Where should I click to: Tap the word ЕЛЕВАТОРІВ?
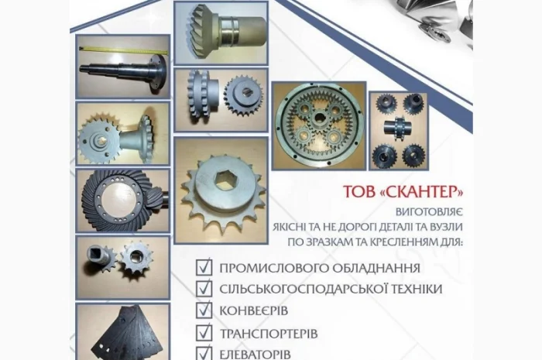[x=256, y=354]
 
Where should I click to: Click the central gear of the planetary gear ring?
[x=317, y=124]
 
